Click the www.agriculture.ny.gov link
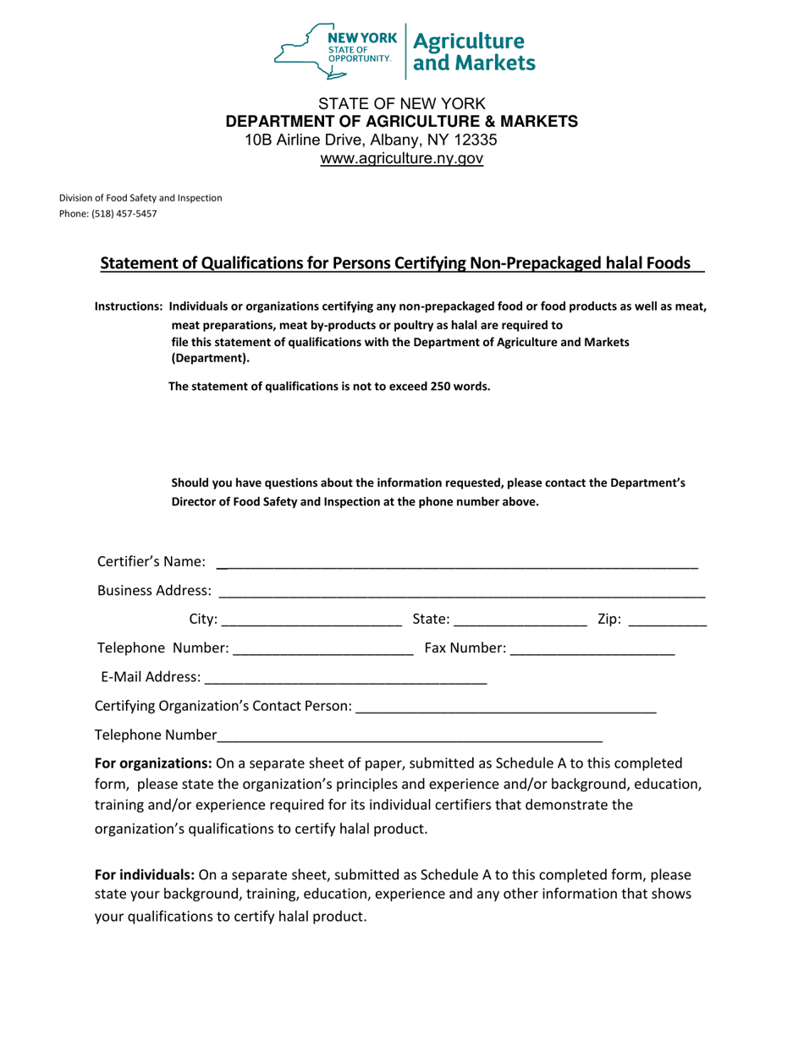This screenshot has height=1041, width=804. [401, 158]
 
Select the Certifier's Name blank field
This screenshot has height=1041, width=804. [457, 563]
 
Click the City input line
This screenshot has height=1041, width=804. [311, 620]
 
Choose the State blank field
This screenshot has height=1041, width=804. [520, 620]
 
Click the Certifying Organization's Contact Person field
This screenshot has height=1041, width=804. [506, 707]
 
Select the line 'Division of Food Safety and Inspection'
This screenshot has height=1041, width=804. [140, 198]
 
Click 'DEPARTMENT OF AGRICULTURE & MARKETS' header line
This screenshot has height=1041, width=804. [401, 121]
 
